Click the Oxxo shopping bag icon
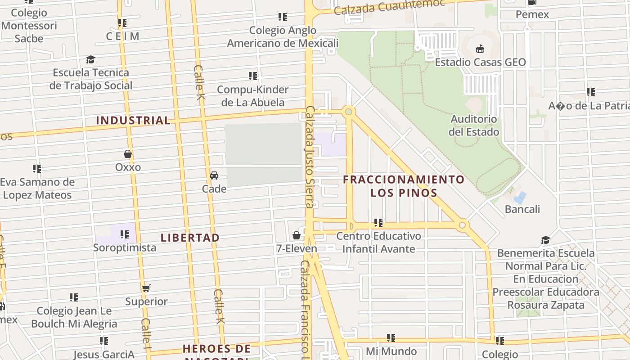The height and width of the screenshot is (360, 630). (x=128, y=154)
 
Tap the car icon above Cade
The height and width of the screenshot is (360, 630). (x=214, y=175)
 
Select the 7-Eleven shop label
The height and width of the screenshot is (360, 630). (x=297, y=248)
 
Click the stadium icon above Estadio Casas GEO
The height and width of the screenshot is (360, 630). (x=480, y=49)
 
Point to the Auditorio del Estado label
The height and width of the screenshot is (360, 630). (x=474, y=126)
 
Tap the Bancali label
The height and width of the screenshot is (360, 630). (x=522, y=209)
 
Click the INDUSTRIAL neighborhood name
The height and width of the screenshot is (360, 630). (x=133, y=121)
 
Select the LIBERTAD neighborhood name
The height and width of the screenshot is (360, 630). (x=190, y=238)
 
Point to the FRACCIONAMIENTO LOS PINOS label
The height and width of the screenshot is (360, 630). (x=404, y=186)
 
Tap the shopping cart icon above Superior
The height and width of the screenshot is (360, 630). (x=146, y=288)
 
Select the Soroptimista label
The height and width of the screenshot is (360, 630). (x=125, y=247)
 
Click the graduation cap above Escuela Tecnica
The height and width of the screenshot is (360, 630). (x=91, y=60)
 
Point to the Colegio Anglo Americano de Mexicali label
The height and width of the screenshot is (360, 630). (x=283, y=37)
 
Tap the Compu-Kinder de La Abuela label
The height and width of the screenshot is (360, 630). (x=253, y=96)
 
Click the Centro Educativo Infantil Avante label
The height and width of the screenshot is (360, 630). (x=379, y=242)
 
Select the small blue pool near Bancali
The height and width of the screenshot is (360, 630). (x=520, y=197)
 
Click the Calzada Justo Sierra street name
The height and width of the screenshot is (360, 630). (x=309, y=157)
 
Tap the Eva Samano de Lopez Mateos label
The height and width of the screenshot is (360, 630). (x=37, y=189)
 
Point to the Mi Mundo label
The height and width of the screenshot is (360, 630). (x=391, y=351)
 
